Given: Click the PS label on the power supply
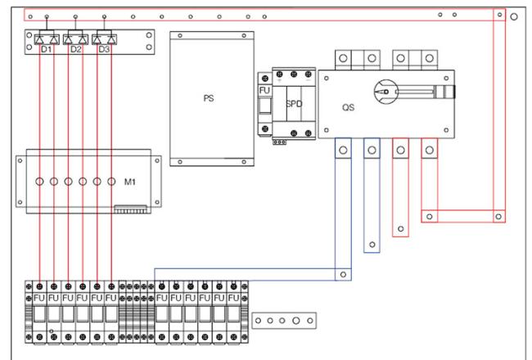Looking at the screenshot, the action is point(209,98).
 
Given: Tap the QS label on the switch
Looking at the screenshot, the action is point(348,107).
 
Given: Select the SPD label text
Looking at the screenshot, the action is point(294,104).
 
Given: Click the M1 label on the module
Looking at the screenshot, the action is point(130,182).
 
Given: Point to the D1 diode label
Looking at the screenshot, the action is point(46,49).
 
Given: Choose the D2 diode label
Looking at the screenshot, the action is point(75,49).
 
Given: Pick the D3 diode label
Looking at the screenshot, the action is point(104,49).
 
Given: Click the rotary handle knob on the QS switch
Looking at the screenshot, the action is point(385,92).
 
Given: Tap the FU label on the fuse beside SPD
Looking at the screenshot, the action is point(264,91).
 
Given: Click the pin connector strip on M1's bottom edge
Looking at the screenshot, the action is point(130,209).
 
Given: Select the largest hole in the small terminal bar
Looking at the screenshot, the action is point(296,320).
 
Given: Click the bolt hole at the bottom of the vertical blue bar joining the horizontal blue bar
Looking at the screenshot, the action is point(343,274).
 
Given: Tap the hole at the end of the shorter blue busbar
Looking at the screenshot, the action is point(372,245).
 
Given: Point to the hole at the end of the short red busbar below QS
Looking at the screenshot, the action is point(401,229).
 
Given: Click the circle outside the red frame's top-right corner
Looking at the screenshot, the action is point(514,16).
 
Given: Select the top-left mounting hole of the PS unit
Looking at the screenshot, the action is point(180,35).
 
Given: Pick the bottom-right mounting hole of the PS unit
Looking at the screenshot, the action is point(244,162).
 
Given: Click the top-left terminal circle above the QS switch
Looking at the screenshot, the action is point(343,58).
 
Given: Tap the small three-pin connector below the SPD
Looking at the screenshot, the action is point(279,142).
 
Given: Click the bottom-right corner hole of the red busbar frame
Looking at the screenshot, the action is point(498,217).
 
